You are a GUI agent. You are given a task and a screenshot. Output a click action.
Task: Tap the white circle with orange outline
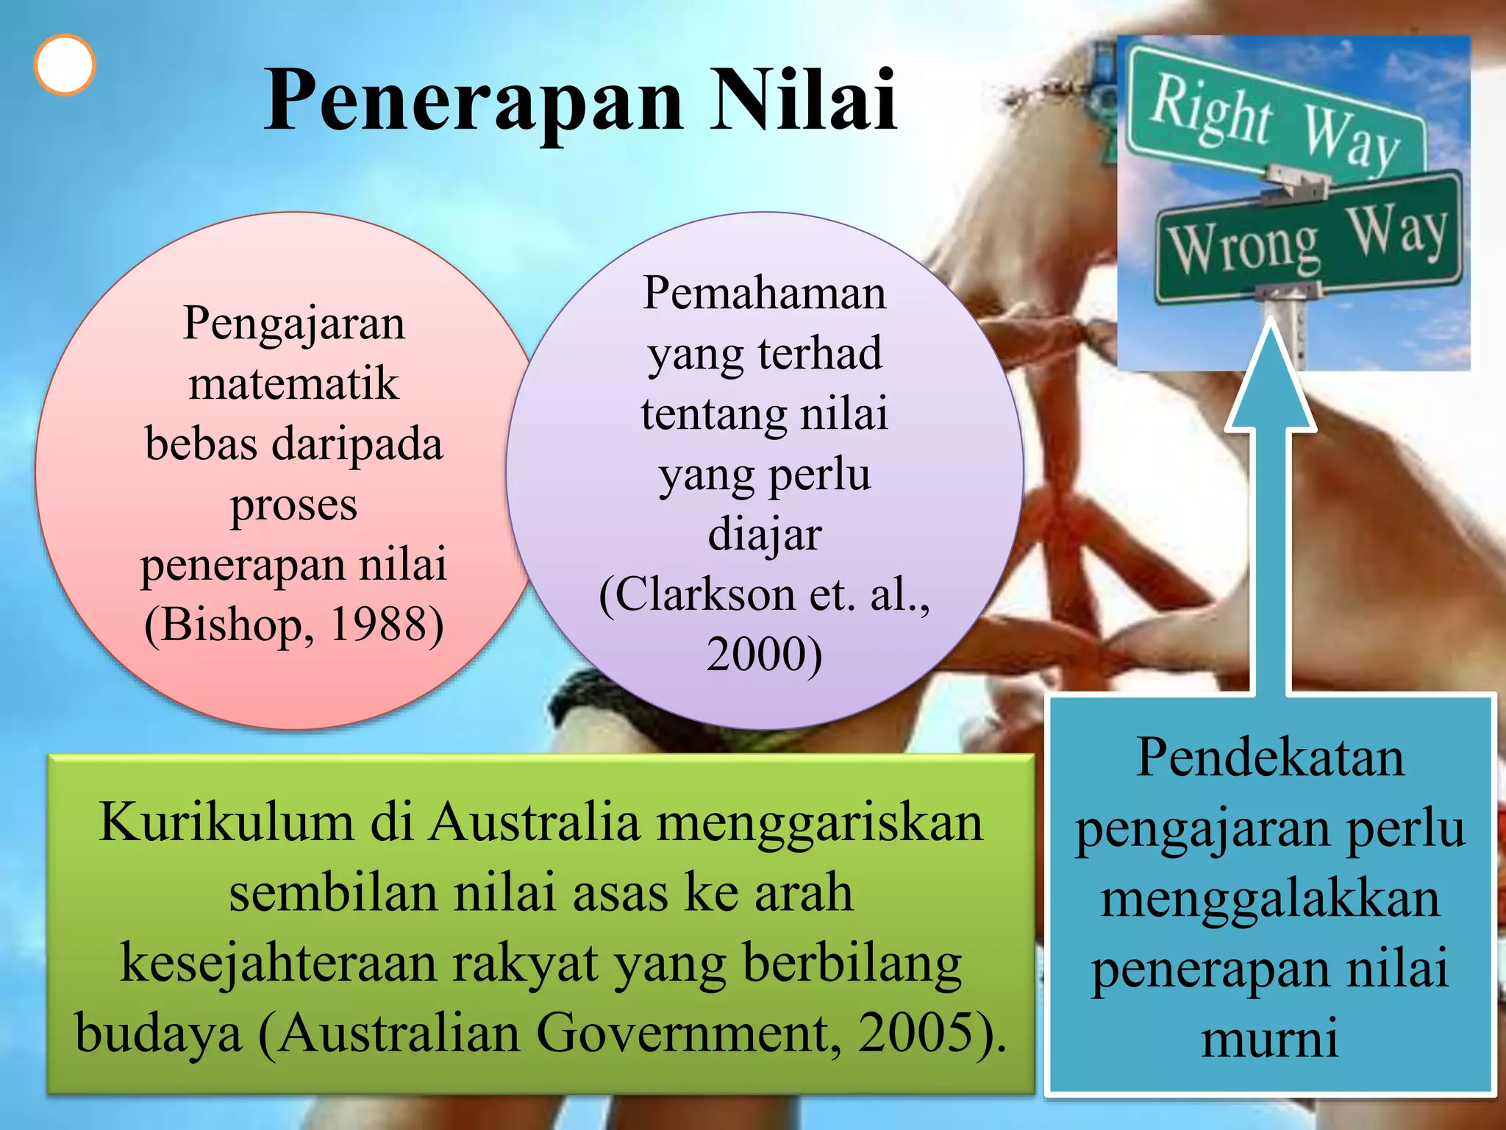coord(65,65)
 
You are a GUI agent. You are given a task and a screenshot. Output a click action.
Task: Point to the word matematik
coord(294,384)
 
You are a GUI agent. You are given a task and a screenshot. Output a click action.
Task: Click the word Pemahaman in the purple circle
coord(765,293)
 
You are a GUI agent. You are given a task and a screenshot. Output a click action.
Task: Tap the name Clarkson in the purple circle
coord(696,594)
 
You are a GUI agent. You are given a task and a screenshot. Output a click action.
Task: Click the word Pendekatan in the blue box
coord(1270,757)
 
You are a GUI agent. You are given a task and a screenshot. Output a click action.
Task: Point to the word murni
coord(1270,1038)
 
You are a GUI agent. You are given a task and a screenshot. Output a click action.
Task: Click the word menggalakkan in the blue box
coord(1270,898)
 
